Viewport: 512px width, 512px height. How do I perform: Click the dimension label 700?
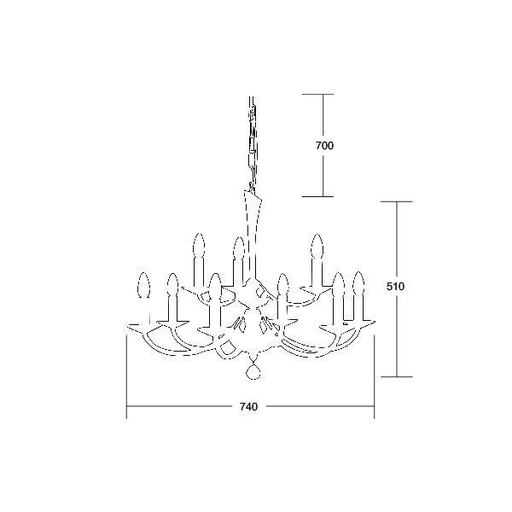324,146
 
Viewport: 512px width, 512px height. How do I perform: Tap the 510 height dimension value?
395,287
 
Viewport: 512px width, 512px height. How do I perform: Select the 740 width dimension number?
249,406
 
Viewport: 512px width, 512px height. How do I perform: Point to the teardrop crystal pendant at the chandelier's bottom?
253,372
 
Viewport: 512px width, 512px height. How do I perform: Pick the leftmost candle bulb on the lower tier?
144,285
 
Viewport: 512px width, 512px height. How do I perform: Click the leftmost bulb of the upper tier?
199,246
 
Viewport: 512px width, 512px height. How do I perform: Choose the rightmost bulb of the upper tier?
317,246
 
